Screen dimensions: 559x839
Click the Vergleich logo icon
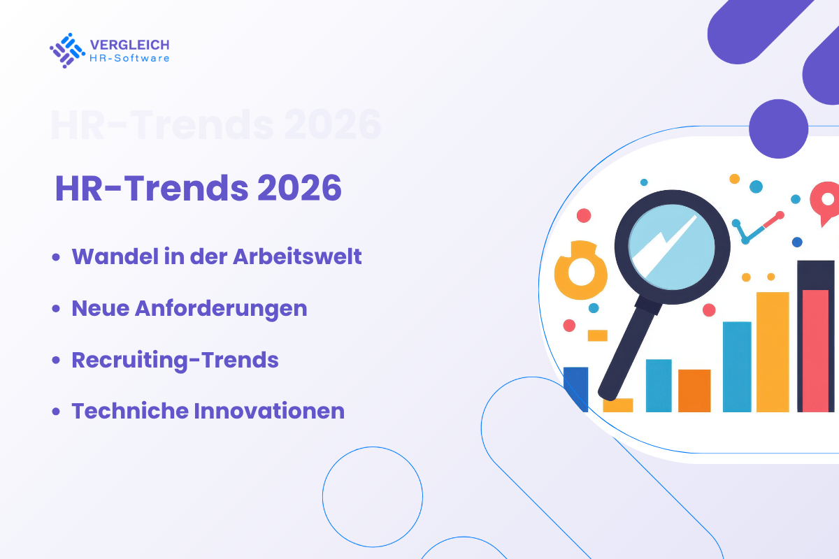[67, 50]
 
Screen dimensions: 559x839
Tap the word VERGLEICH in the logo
[129, 44]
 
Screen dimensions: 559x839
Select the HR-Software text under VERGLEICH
[129, 58]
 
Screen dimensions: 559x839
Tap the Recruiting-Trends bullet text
[175, 360]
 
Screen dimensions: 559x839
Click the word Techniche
[129, 411]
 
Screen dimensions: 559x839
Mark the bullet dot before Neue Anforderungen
[56, 309]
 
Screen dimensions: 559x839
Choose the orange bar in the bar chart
[694, 391]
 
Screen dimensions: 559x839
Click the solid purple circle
[778, 129]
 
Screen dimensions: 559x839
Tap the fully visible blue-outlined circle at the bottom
[373, 495]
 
